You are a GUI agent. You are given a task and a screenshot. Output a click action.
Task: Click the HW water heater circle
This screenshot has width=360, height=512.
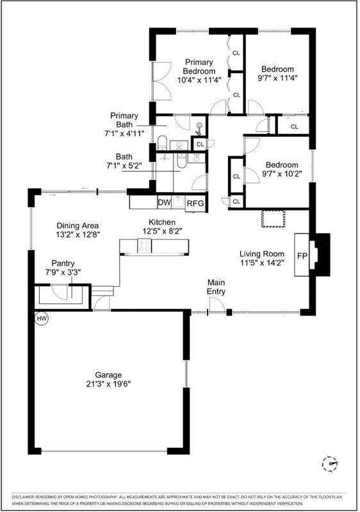[42, 318]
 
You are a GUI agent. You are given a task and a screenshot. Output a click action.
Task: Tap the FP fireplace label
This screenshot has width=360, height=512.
[302, 255]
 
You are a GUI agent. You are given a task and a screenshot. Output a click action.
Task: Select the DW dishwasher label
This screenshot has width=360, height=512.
[165, 202]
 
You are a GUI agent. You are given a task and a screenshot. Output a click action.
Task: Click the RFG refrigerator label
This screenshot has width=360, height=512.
[195, 204]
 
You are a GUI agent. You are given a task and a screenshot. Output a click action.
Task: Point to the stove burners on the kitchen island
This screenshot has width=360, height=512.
[144, 246]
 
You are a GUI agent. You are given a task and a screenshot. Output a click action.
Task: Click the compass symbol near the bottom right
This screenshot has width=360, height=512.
[330, 463]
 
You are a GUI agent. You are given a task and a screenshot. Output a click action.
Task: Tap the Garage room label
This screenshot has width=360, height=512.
[108, 375]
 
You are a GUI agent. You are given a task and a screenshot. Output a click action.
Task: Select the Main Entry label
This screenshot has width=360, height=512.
[216, 287]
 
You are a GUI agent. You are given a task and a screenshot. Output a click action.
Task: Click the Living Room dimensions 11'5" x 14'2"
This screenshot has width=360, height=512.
[263, 262]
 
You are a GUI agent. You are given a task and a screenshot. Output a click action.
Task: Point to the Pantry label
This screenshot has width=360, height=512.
[63, 263]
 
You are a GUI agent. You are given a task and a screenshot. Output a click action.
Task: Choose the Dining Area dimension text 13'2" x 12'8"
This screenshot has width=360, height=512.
[78, 234]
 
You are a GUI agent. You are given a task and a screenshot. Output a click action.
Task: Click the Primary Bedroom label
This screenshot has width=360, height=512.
[199, 67]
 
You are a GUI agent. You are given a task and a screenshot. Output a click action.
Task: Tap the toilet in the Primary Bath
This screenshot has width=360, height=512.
[162, 143]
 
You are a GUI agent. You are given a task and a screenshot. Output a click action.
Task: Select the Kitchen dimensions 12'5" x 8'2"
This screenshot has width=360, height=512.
[162, 231]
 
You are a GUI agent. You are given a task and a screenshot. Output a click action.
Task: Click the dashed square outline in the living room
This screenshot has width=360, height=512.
[273, 219]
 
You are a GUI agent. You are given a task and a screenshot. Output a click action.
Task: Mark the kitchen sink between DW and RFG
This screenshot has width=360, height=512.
[178, 203]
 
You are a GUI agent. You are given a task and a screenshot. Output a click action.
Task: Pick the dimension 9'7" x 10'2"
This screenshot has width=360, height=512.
[282, 173]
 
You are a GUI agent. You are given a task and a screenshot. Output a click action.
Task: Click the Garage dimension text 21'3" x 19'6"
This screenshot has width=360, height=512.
[108, 384]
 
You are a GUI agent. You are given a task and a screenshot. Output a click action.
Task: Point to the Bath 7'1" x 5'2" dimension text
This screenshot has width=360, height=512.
[124, 166]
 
